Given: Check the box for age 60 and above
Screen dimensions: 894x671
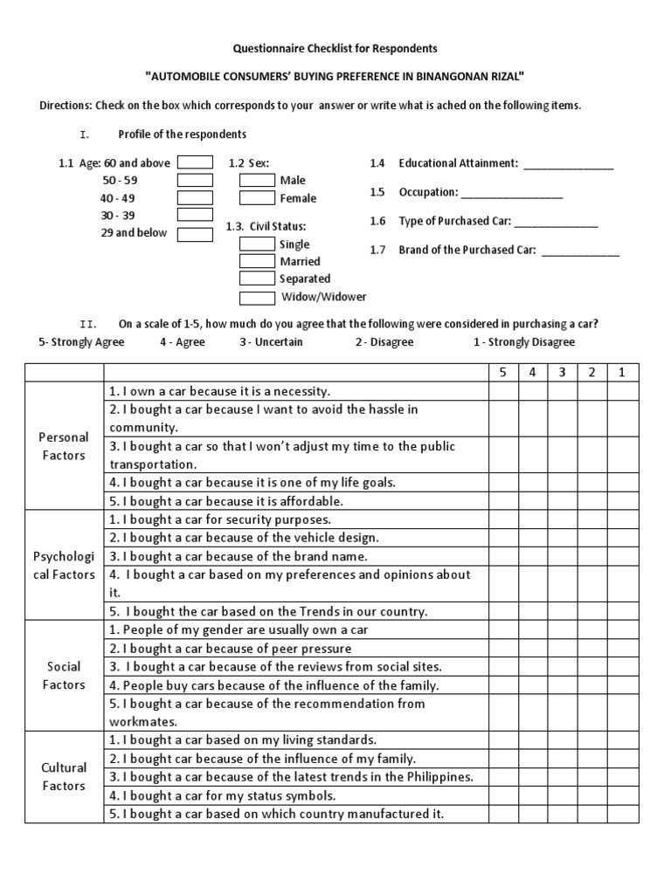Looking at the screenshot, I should pyautogui.click(x=195, y=162).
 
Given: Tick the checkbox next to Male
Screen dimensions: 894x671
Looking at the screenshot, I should pyautogui.click(x=257, y=180).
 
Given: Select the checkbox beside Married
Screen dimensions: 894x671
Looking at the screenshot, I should pyautogui.click(x=257, y=261).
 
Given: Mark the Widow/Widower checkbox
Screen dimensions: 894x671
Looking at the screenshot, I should pyautogui.click(x=257, y=297).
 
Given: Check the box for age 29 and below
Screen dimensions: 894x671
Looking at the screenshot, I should pyautogui.click(x=195, y=234).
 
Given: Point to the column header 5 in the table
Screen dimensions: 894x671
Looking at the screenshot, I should pyautogui.click(x=503, y=373).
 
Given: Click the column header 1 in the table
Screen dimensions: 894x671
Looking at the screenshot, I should pyautogui.click(x=622, y=373).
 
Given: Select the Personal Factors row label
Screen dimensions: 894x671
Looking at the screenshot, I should pyautogui.click(x=64, y=446).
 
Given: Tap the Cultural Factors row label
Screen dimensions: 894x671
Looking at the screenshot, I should pyautogui.click(x=64, y=777).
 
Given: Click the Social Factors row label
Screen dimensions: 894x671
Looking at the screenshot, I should pyautogui.click(x=64, y=676).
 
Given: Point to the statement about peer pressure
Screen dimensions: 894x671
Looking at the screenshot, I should pyautogui.click(x=231, y=648).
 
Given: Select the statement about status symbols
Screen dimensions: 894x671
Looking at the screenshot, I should pyautogui.click(x=223, y=795).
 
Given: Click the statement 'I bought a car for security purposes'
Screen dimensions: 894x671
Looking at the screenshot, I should pyautogui.click(x=220, y=519).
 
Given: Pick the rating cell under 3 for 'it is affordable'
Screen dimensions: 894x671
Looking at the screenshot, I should pyautogui.click(x=563, y=501).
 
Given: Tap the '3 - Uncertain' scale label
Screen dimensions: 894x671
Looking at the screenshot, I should pyautogui.click(x=271, y=342).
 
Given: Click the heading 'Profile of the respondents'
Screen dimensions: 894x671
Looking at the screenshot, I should pyautogui.click(x=183, y=134).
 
